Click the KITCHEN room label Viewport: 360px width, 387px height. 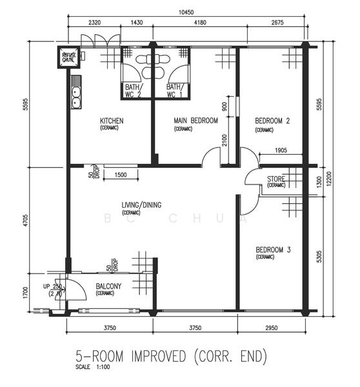tap(111, 121)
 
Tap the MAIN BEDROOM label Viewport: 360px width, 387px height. tap(195, 121)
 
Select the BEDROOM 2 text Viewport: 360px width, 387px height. tap(272, 121)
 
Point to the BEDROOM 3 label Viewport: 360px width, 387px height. tap(272, 250)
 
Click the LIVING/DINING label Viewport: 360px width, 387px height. tap(141, 206)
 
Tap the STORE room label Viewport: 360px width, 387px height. tap(276, 179)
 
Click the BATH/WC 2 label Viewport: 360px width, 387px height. tap(133, 90)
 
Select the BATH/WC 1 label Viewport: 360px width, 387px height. tap(175, 90)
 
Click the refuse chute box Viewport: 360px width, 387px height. tap(68, 57)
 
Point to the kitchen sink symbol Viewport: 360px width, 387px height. tap(75, 97)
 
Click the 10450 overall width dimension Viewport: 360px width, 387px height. tap(188, 12)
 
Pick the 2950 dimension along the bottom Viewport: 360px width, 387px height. tap(270, 328)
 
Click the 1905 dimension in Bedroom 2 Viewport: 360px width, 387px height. tap(279, 150)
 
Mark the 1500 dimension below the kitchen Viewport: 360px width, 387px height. tap(120, 176)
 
